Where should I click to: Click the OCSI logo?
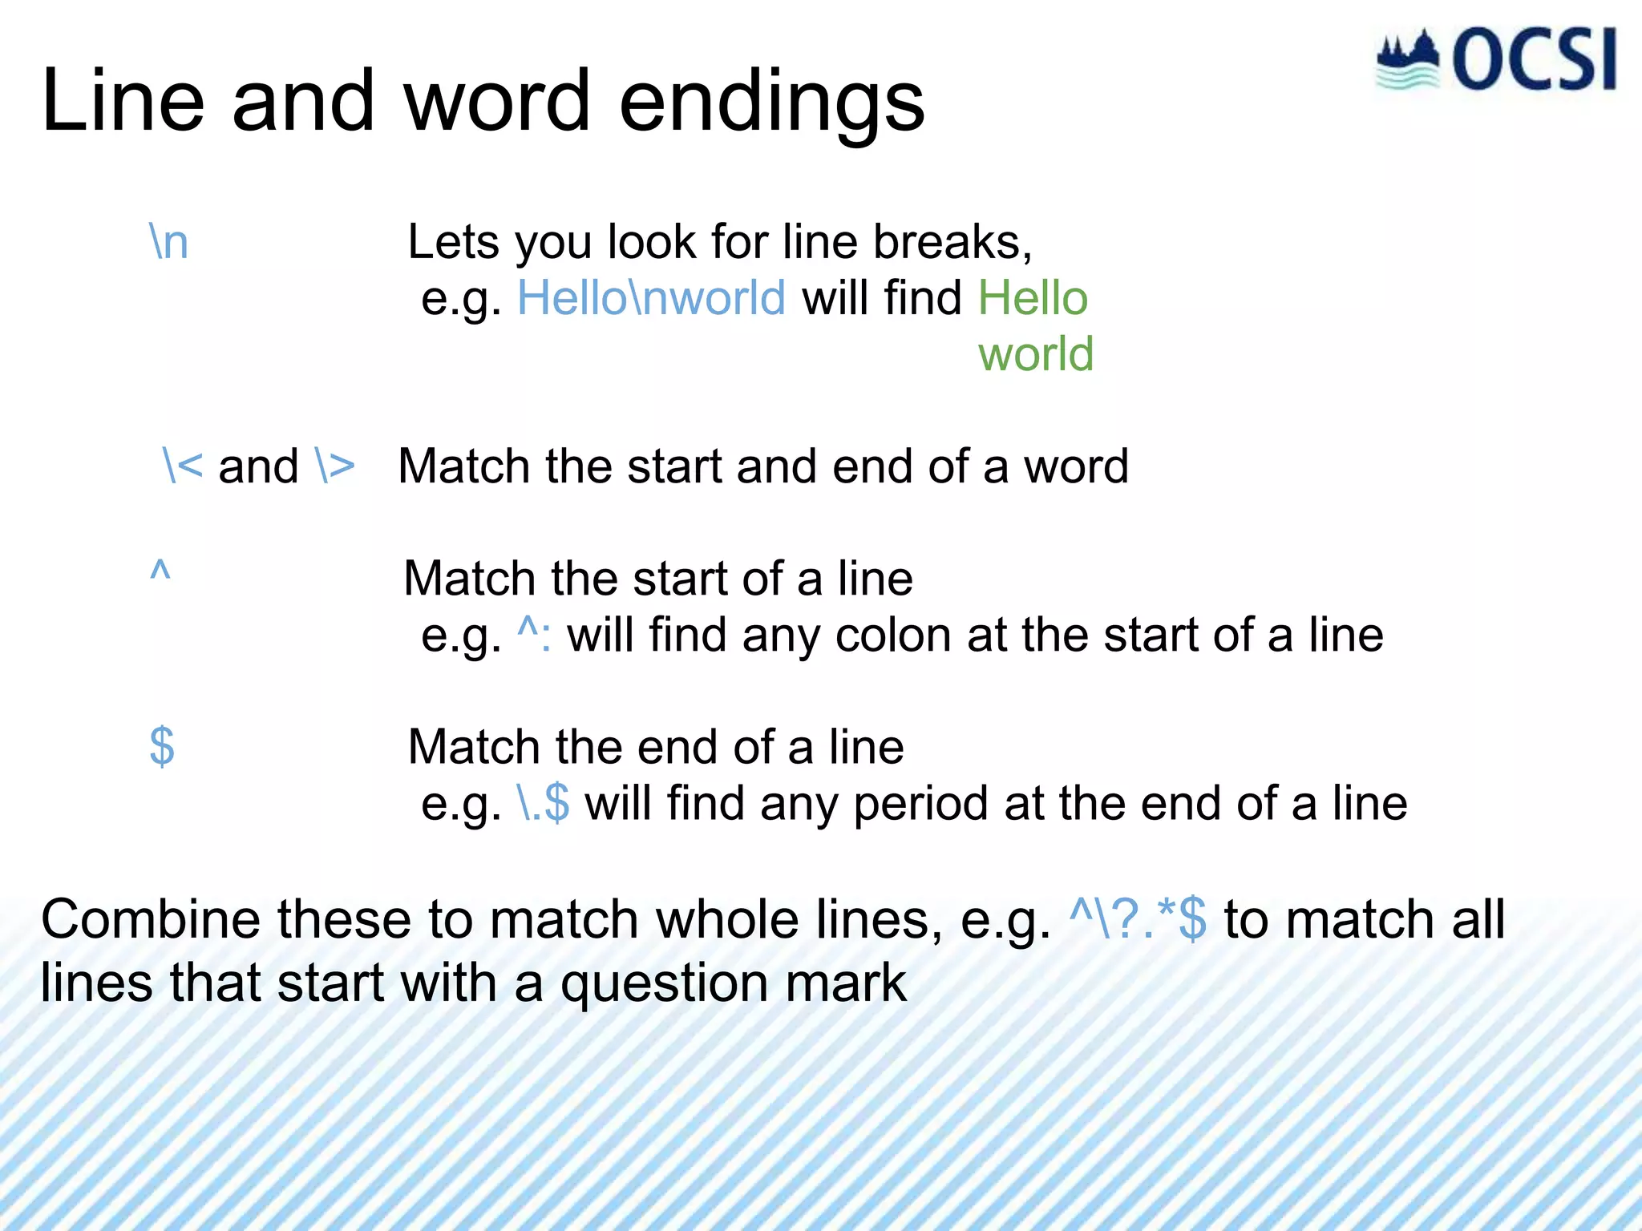(x=1496, y=60)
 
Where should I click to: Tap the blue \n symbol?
(x=169, y=242)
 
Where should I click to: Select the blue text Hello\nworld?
(x=651, y=298)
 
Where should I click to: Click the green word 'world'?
(x=1035, y=354)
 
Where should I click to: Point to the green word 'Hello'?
(x=1033, y=298)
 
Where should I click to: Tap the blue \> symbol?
(x=335, y=466)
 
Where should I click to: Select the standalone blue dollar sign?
(x=162, y=747)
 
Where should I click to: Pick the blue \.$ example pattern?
(x=544, y=803)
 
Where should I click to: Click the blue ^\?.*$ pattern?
(x=1138, y=919)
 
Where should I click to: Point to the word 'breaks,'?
(x=952, y=242)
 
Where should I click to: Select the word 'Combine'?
(x=150, y=919)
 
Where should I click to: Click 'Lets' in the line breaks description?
(x=454, y=242)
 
